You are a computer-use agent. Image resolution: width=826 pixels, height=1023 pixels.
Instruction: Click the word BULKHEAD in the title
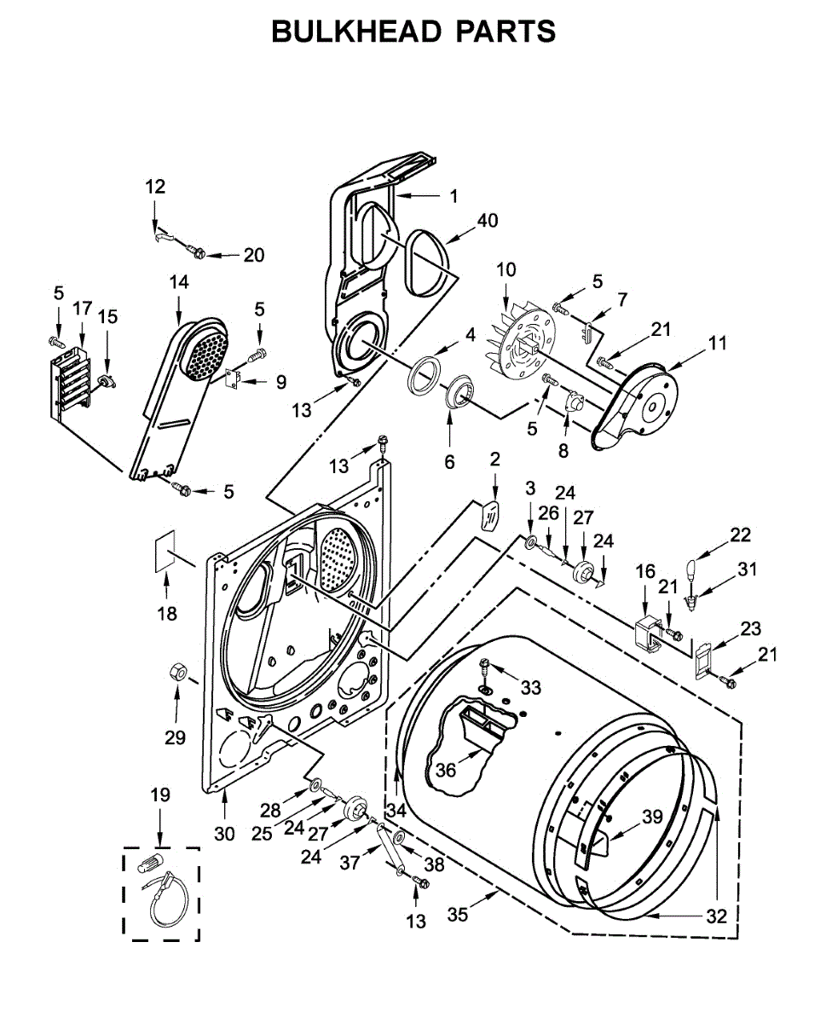coord(355,32)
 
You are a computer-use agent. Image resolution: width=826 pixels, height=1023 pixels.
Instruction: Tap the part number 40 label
coord(487,221)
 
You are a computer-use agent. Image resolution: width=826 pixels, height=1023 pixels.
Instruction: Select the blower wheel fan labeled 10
coord(521,341)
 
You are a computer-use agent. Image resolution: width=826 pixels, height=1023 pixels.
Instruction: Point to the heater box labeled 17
coord(71,384)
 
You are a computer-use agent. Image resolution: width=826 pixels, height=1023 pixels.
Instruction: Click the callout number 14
coord(179,282)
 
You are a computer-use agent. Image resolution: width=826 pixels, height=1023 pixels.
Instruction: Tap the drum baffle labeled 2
coord(489,515)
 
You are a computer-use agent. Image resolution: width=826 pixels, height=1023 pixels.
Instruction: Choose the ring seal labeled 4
coord(424,373)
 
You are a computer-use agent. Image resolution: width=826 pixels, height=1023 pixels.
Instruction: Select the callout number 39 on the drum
coord(653,817)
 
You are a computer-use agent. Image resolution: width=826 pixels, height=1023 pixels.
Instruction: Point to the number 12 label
coord(155,187)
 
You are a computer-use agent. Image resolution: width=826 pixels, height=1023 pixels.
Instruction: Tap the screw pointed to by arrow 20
coord(197,251)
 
